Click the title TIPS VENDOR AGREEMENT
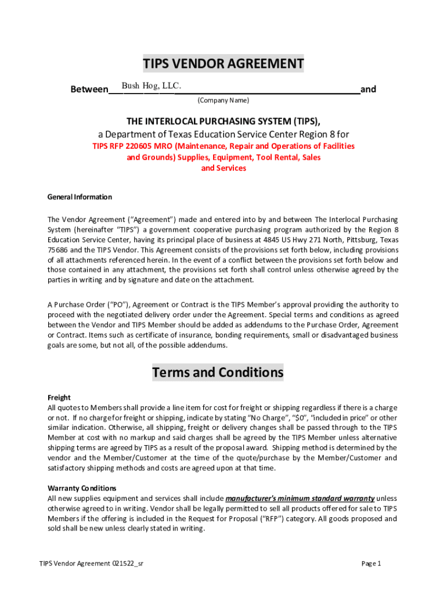[x=223, y=63]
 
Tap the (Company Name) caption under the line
[x=223, y=101]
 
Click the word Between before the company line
[x=89, y=89]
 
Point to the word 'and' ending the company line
[x=368, y=89]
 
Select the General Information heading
[x=80, y=197]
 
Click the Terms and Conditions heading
[x=218, y=372]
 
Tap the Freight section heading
[x=59, y=398]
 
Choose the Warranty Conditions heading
[x=82, y=488]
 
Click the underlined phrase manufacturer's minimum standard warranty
[x=300, y=499]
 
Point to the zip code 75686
[x=58, y=249]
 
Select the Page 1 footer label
[x=371, y=563]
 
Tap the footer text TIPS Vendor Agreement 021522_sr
[x=91, y=563]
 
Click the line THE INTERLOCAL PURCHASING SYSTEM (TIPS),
[x=223, y=121]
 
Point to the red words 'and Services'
[x=223, y=168]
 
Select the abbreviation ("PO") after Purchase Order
[x=121, y=304]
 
